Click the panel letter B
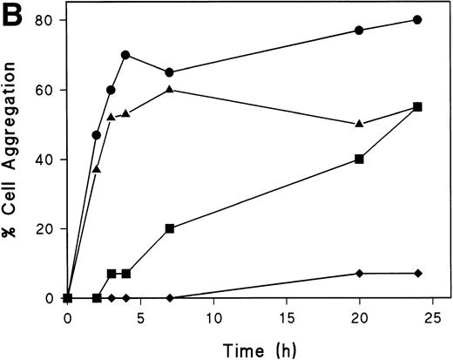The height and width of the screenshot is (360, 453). click(11, 12)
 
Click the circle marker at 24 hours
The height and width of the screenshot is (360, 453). click(418, 20)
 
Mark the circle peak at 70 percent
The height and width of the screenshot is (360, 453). click(125, 55)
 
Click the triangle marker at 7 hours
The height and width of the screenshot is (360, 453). click(169, 89)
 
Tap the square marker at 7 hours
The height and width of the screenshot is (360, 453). click(169, 228)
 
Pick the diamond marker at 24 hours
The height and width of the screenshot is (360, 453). click(418, 274)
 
